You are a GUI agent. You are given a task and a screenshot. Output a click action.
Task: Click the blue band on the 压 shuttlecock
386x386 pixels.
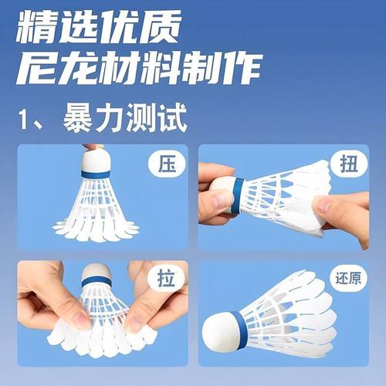[95, 175]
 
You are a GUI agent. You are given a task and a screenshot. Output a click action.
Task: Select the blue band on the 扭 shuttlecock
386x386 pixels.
[237, 195]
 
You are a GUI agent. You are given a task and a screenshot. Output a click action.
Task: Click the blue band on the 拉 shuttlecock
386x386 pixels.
[96, 283]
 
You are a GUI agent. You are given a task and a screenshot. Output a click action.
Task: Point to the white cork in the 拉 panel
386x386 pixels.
[96, 271]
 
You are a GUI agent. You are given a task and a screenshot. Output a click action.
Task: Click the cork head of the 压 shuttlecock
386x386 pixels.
[95, 160]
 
